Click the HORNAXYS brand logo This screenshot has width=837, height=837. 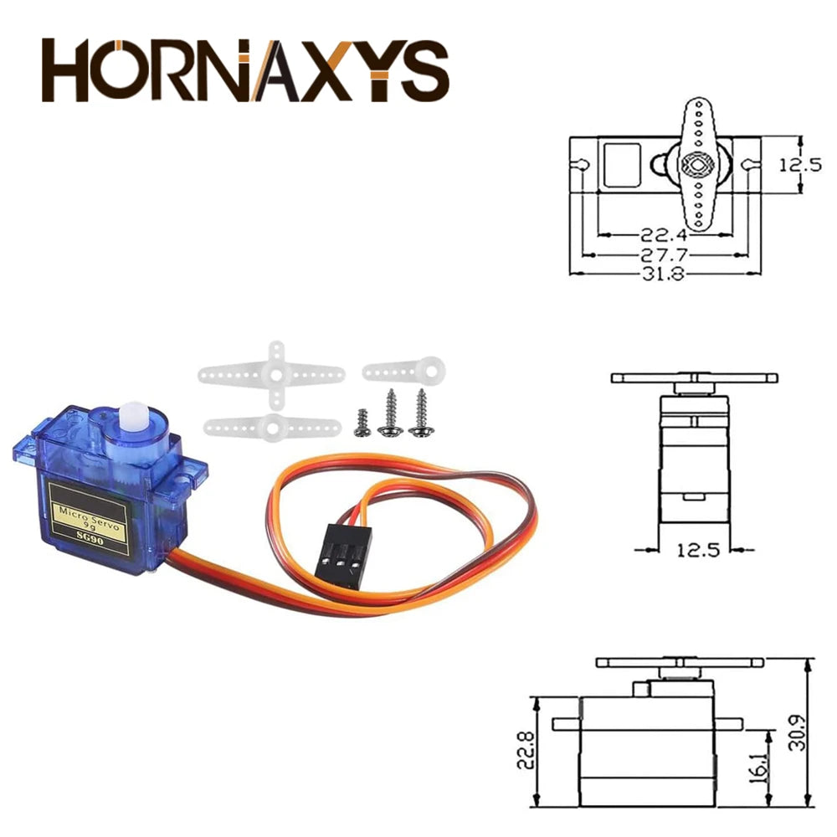(245, 70)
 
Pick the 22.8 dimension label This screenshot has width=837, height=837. (524, 751)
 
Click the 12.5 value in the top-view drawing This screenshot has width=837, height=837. (800, 165)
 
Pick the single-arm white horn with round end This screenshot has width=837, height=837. (404, 369)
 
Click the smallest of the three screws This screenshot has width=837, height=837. (361, 423)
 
